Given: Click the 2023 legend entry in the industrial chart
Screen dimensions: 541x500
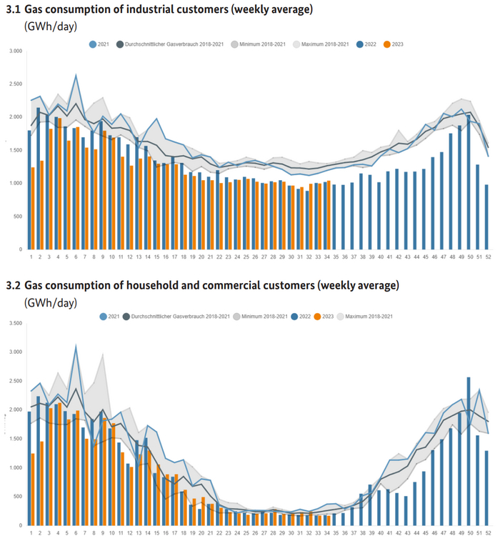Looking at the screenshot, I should (394, 44).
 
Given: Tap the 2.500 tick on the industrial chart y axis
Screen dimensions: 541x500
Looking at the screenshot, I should (15, 84).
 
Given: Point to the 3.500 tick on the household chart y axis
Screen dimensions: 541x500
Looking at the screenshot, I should (15, 323).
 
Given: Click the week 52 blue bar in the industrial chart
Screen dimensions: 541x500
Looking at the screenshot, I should (487, 217).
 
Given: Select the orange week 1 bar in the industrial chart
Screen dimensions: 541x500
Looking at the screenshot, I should (33, 208).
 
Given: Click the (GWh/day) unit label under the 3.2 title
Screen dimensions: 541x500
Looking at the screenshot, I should (50, 302).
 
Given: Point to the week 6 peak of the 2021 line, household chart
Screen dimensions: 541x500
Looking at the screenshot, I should (76, 346).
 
